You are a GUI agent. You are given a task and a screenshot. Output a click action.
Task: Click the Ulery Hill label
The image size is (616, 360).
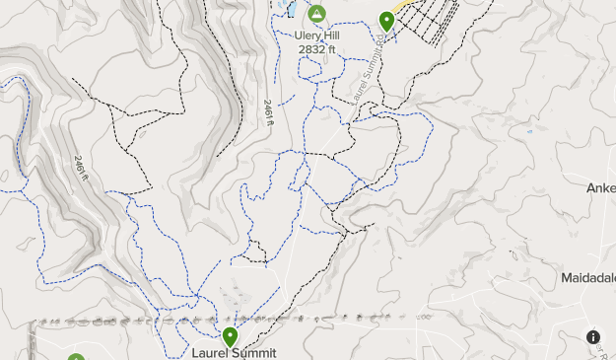[x=316, y=36]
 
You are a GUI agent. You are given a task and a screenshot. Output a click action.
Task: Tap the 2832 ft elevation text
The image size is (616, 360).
[x=316, y=48]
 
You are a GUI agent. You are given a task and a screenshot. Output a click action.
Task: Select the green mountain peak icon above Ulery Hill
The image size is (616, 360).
[x=316, y=14]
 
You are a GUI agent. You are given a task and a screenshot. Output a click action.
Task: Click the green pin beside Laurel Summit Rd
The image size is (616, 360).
[x=387, y=21]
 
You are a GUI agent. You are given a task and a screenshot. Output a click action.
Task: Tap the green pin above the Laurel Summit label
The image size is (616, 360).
[x=230, y=337]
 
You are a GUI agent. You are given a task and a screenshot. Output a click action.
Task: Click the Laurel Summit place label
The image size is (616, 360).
[x=234, y=353]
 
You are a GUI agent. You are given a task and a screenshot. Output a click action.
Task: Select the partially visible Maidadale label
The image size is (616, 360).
[x=588, y=277]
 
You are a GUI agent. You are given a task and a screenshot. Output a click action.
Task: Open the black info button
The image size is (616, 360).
[x=593, y=337]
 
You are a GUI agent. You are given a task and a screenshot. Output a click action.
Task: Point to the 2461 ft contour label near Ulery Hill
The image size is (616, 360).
[x=267, y=112]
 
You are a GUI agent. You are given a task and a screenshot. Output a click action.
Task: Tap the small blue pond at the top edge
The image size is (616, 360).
[x=292, y=9]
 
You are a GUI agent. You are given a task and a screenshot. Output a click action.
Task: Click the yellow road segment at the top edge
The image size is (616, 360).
[x=400, y=5]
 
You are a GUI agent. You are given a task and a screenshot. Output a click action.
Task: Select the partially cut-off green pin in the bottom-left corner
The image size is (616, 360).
[x=77, y=357]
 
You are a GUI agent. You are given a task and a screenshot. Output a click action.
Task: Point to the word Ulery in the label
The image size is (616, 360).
[x=307, y=36]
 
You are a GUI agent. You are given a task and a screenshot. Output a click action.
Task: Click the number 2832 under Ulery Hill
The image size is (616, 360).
[x=310, y=48]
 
